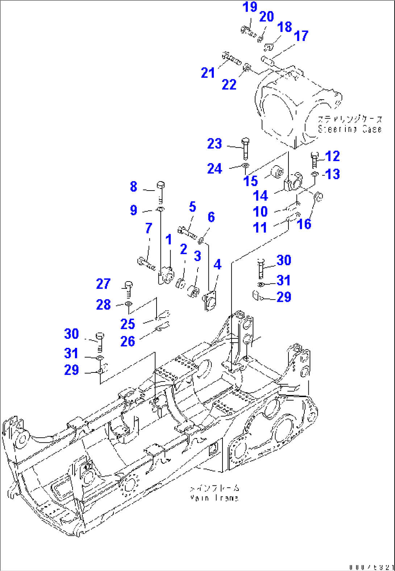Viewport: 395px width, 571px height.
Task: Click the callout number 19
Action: (250, 7)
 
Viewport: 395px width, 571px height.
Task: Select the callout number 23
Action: (215, 144)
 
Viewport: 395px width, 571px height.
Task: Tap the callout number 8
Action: (133, 187)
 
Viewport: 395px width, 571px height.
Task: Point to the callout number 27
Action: (103, 284)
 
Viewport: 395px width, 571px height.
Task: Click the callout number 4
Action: (217, 264)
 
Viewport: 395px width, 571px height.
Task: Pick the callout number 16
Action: (304, 224)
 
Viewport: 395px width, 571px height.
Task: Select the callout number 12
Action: (332, 156)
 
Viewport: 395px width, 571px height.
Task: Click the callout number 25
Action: (128, 324)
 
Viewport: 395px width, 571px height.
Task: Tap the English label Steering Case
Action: (350, 129)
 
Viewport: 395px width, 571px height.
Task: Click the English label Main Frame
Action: (214, 498)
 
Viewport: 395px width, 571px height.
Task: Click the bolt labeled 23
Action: (245, 147)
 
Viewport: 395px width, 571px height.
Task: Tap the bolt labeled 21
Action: (231, 59)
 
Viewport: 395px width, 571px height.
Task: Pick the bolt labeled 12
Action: (315, 160)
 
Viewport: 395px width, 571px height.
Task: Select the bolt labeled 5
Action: (187, 231)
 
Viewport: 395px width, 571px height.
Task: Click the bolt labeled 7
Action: (146, 263)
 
